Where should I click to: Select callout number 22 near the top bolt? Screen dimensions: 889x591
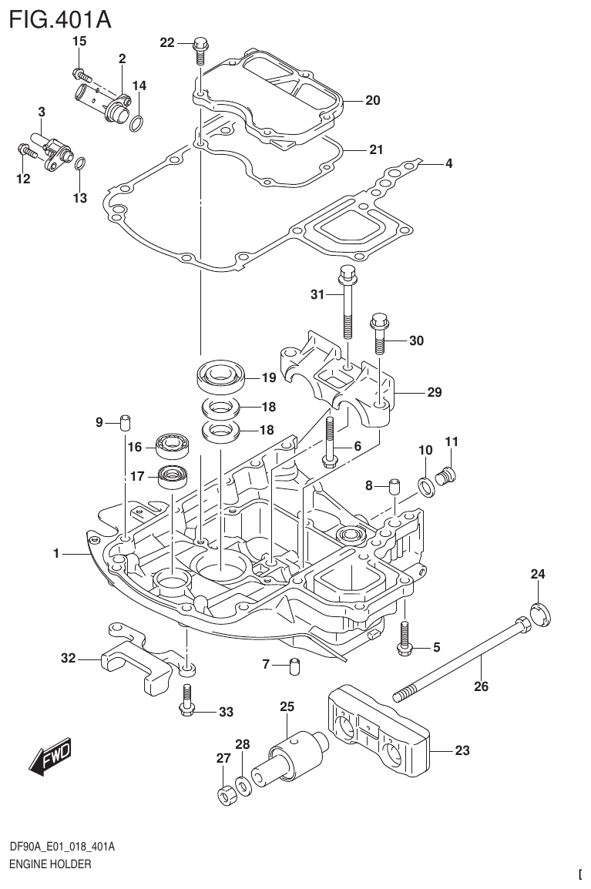(167, 43)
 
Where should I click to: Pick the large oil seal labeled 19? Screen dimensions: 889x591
(221, 377)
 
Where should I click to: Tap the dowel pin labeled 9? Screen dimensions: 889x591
(126, 422)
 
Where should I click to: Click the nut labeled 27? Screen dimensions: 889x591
(224, 795)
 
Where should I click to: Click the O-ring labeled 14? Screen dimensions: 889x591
(136, 123)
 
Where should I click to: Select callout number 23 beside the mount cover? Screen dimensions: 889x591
(462, 750)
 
